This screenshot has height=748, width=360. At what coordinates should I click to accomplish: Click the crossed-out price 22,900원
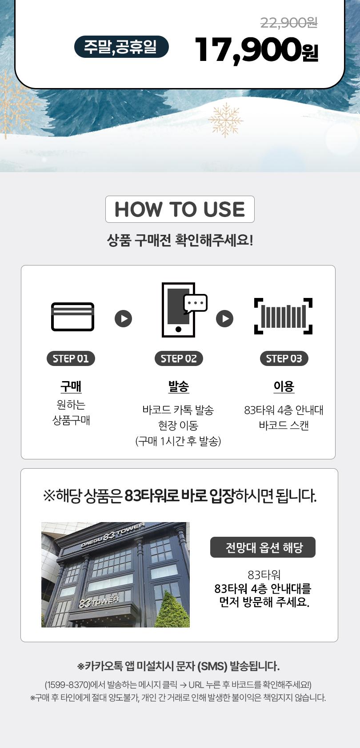click(x=289, y=23)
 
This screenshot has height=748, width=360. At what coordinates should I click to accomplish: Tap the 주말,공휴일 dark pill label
click(x=121, y=47)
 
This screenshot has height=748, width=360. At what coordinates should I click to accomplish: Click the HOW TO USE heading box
click(x=180, y=209)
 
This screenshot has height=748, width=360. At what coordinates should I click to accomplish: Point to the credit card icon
click(x=72, y=317)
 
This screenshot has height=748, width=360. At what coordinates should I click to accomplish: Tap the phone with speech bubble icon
click(x=184, y=310)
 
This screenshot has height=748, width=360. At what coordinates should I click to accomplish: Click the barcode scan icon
click(x=283, y=316)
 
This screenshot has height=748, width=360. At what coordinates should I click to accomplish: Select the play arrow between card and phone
click(x=124, y=318)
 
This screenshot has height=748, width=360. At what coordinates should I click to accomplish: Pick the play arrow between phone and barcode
click(x=224, y=318)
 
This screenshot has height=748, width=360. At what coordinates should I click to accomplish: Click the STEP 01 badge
click(x=71, y=358)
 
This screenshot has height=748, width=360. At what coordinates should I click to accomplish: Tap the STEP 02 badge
click(x=179, y=358)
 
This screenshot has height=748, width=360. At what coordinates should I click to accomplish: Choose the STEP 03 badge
click(x=284, y=358)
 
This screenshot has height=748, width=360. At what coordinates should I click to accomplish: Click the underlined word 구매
click(x=71, y=387)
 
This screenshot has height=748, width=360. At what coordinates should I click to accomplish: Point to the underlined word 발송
click(x=179, y=387)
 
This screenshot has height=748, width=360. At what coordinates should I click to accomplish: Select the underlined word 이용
click(x=284, y=387)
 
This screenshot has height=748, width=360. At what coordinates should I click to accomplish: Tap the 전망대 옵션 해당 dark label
click(x=263, y=547)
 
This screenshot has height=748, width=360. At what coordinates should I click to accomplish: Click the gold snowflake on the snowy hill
click(x=225, y=120)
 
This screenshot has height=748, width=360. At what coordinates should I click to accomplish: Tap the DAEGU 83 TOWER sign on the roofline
click(x=113, y=535)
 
